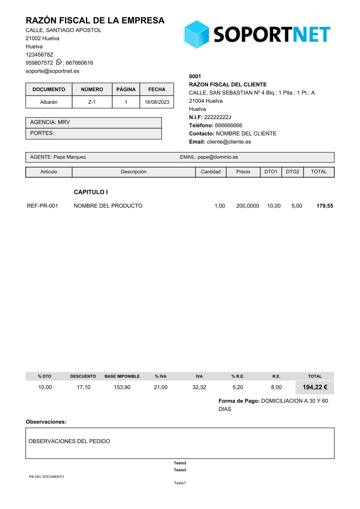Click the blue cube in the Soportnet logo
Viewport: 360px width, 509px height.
pos(196,34)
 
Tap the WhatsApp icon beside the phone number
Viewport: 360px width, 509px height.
pos(59,62)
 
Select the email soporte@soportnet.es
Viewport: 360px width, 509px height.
pos(53,71)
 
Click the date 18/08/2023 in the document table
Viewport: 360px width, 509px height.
pos(157,102)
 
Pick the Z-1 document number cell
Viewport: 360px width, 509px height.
pos(92,102)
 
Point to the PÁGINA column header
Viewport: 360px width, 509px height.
pos(126,89)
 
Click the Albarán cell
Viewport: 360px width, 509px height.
pos(49,102)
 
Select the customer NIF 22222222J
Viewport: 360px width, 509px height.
pos(217,117)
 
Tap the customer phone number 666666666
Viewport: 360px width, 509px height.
pos(228,125)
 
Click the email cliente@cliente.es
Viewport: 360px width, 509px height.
pos(229,142)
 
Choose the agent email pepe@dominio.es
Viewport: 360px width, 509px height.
pos(218,157)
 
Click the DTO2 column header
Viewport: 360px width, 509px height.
pos(292,172)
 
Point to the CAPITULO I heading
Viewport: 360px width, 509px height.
pos(91,192)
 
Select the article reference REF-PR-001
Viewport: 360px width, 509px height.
pos(42,206)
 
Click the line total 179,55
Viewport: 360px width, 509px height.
pos(325,206)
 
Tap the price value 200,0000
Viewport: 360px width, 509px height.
pos(247,206)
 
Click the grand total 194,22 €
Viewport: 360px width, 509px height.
pos(315,387)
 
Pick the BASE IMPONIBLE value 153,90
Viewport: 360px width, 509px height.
pos(122,387)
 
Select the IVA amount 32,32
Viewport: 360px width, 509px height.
pos(199,387)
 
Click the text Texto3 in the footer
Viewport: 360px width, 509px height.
pos(180,470)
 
